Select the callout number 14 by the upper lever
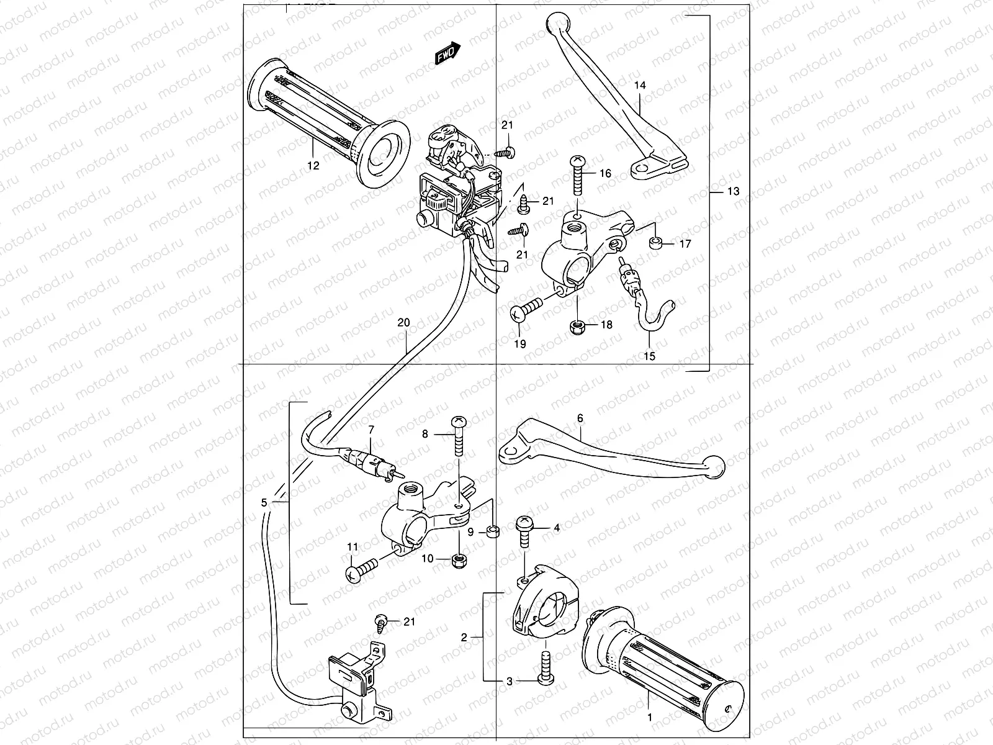click(640, 86)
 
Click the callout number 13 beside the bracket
click(733, 191)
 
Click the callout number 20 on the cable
click(403, 323)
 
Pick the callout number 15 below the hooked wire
click(650, 357)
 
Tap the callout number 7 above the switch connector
click(371, 429)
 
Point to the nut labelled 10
click(459, 562)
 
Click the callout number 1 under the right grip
click(650, 716)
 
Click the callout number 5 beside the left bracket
click(264, 503)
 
